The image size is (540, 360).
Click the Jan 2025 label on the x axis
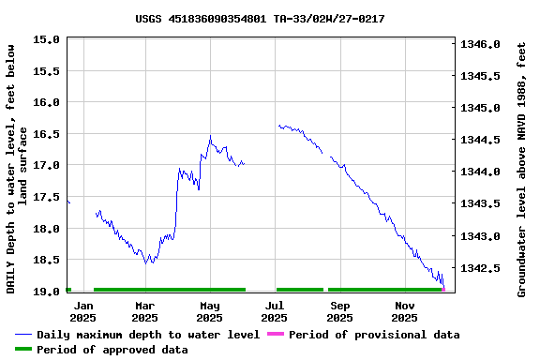pyautogui.click(x=83, y=311)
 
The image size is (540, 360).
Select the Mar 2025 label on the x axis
pyautogui.click(x=145, y=311)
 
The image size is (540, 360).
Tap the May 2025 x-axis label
pyautogui.click(x=210, y=311)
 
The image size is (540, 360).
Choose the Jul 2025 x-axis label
pyautogui.click(x=275, y=311)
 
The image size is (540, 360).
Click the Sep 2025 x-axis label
pyautogui.click(x=340, y=311)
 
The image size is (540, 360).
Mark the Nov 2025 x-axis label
pyautogui.click(x=405, y=311)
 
